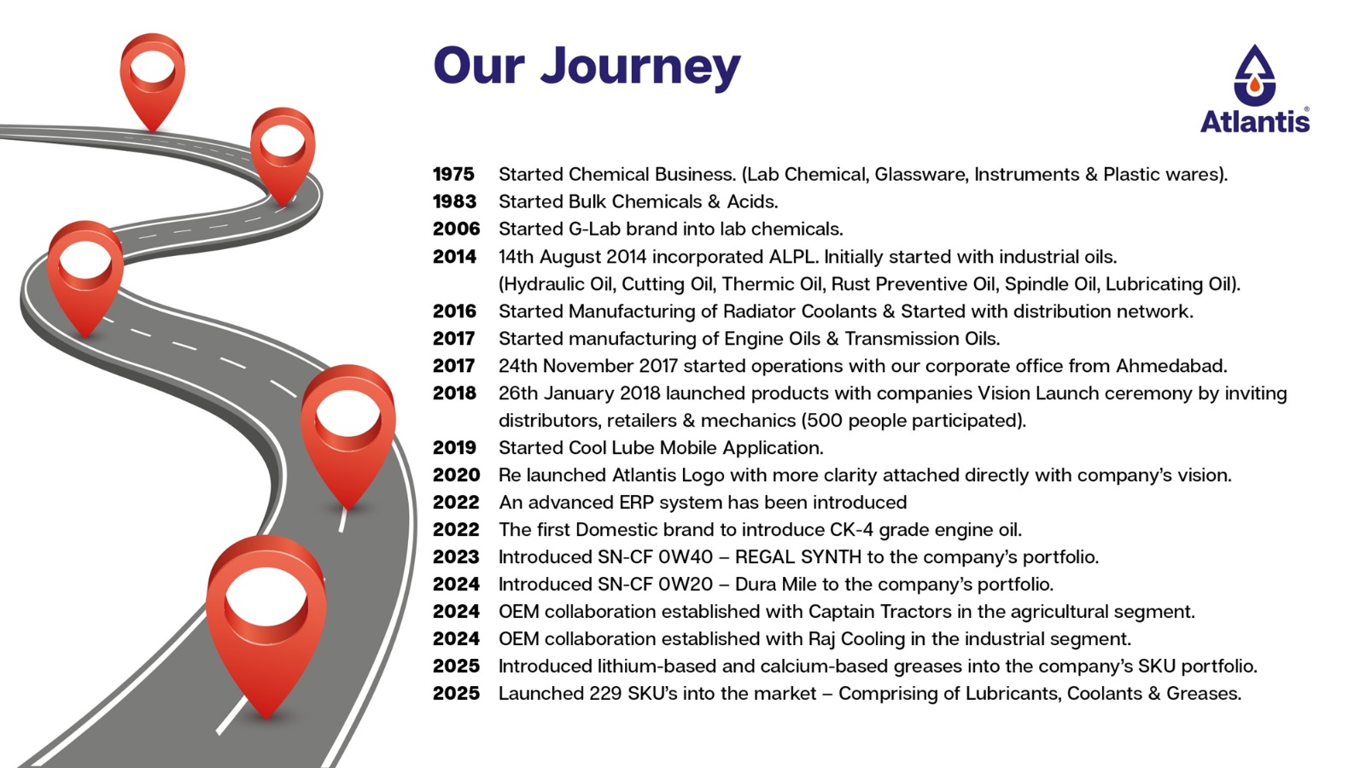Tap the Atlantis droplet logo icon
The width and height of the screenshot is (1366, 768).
[x=1254, y=75]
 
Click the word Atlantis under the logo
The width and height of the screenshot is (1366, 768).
[x=1255, y=120]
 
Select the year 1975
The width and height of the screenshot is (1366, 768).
[x=453, y=174]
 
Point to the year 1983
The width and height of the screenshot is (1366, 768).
[x=455, y=201]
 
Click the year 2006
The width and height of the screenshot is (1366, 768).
[x=456, y=230]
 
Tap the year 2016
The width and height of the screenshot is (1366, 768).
[x=455, y=311]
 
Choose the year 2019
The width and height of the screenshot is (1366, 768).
[x=455, y=448]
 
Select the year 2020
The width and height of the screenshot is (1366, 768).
[x=456, y=475]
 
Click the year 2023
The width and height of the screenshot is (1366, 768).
[x=456, y=557]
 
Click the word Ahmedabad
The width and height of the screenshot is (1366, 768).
[x=1171, y=366]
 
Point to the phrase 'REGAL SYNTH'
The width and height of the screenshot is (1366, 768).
[x=798, y=557]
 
